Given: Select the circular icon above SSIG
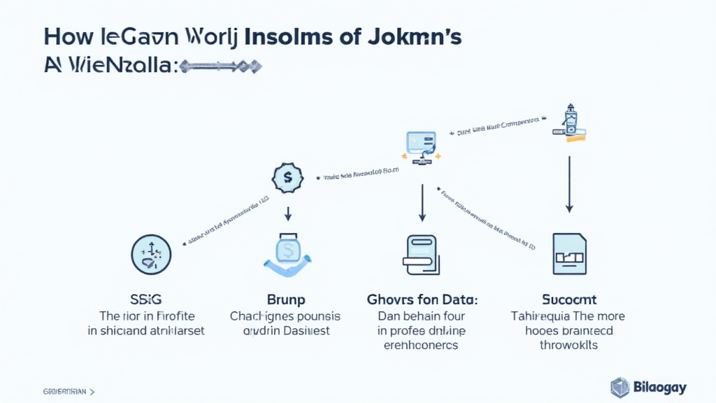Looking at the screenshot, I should tap(151, 254).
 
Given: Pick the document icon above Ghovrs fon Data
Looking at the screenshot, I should tap(422, 255).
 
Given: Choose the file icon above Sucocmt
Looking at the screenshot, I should tap(568, 253).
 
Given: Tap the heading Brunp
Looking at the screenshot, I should tap(286, 299).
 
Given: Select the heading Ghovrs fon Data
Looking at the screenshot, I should tap(422, 299).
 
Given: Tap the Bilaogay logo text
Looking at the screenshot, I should tap(661, 387).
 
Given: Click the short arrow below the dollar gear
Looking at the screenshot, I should tap(287, 213).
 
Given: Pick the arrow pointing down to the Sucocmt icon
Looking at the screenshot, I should tap(570, 183).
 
